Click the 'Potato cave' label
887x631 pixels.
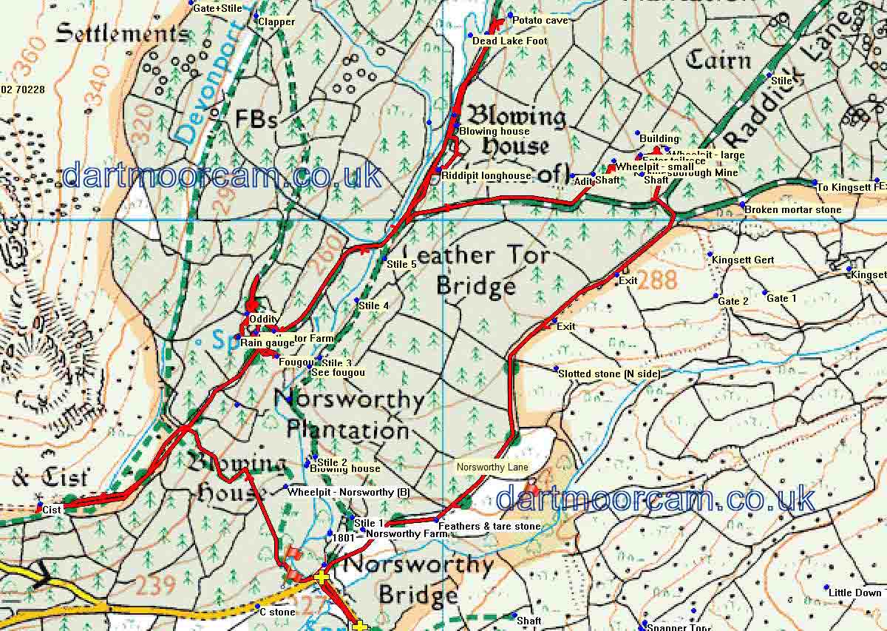[540, 21]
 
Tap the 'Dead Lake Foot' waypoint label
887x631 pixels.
[510, 41]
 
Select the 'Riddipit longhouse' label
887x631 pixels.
[486, 176]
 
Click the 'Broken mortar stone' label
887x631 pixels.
[792, 210]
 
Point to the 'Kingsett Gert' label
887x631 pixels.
[743, 260]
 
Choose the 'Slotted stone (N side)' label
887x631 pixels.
[609, 374]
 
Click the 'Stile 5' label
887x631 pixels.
[402, 263]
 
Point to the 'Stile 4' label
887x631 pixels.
[373, 306]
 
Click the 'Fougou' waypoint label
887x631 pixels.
[291, 362]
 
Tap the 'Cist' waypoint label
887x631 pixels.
[51, 510]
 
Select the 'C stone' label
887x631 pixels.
[277, 613]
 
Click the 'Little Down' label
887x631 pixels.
[855, 593]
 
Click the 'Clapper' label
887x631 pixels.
[276, 22]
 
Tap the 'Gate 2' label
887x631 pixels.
[733, 301]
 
